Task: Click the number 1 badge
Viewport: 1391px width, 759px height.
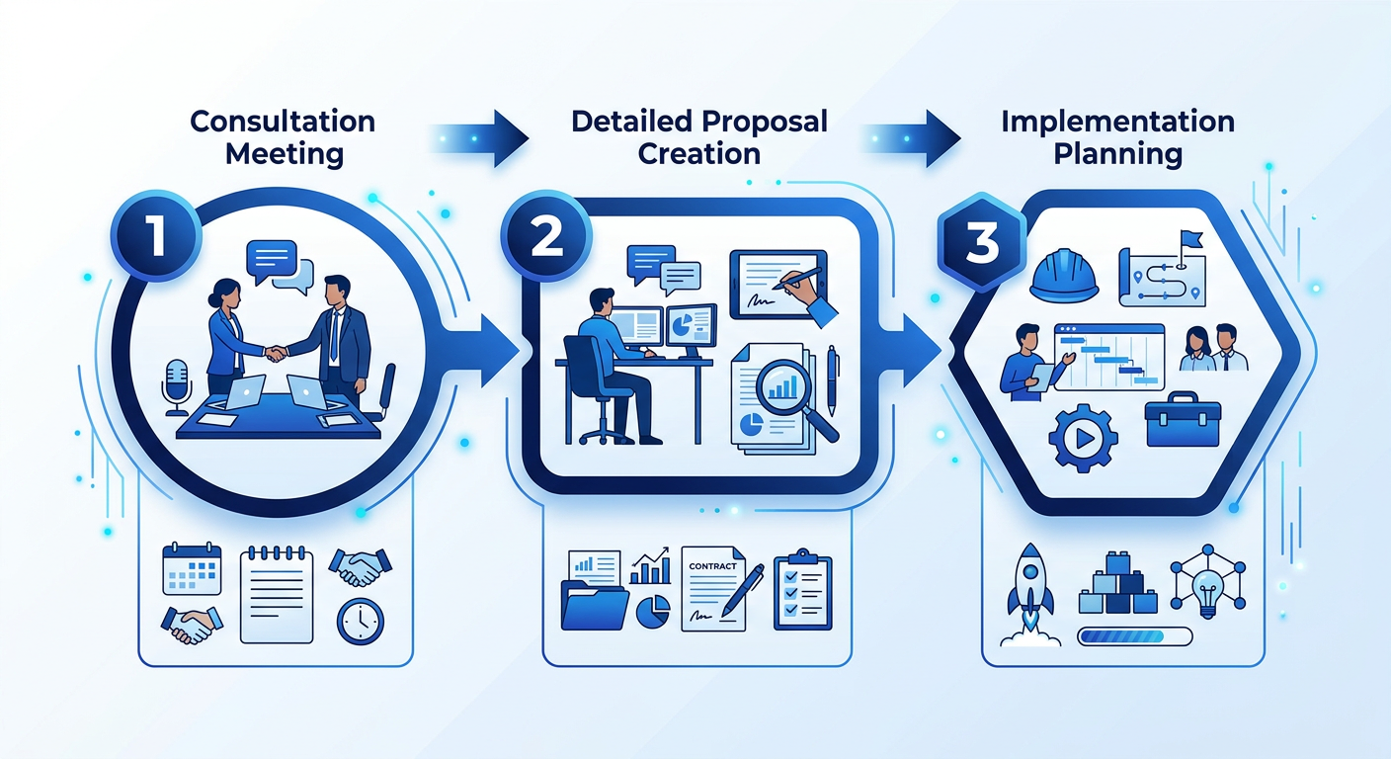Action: coord(156,236)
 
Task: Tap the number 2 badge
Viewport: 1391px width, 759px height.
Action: coord(546,236)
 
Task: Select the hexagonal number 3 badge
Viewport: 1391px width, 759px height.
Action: coord(982,241)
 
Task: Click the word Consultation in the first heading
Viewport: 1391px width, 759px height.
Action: coord(283,122)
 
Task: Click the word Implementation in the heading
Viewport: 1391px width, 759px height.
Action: coord(1117,122)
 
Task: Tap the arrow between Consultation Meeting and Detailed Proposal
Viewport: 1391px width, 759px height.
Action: coord(479,138)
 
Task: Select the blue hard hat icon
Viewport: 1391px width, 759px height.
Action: coord(1064,275)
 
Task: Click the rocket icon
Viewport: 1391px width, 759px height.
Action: coord(1030,594)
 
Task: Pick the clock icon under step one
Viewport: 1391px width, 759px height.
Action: coord(361,621)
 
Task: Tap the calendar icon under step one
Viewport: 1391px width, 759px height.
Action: coord(192,568)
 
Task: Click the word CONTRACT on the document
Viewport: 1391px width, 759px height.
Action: coord(712,566)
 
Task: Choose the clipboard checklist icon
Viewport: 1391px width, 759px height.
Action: coord(802,589)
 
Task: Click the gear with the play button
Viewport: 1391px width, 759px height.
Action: coord(1083,438)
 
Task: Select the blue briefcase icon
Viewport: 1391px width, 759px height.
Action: coord(1183,419)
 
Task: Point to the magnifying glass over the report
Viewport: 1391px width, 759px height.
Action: coord(794,398)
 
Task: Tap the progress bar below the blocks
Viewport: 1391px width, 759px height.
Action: coord(1134,636)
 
